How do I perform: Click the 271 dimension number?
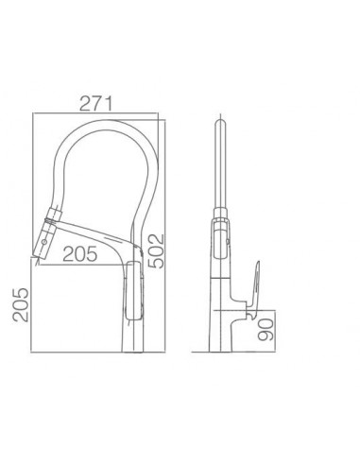pos(95,104)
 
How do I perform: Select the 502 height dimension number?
pos(157,250)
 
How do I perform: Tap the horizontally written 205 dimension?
pos(80,254)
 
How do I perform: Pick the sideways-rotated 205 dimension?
pos(21,304)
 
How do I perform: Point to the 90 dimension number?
pos(266,330)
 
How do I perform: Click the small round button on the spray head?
pos(44,242)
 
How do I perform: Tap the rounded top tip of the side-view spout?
pos(220,121)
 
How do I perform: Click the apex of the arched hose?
pos(109,124)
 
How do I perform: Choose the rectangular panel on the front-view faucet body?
pos(135,290)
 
